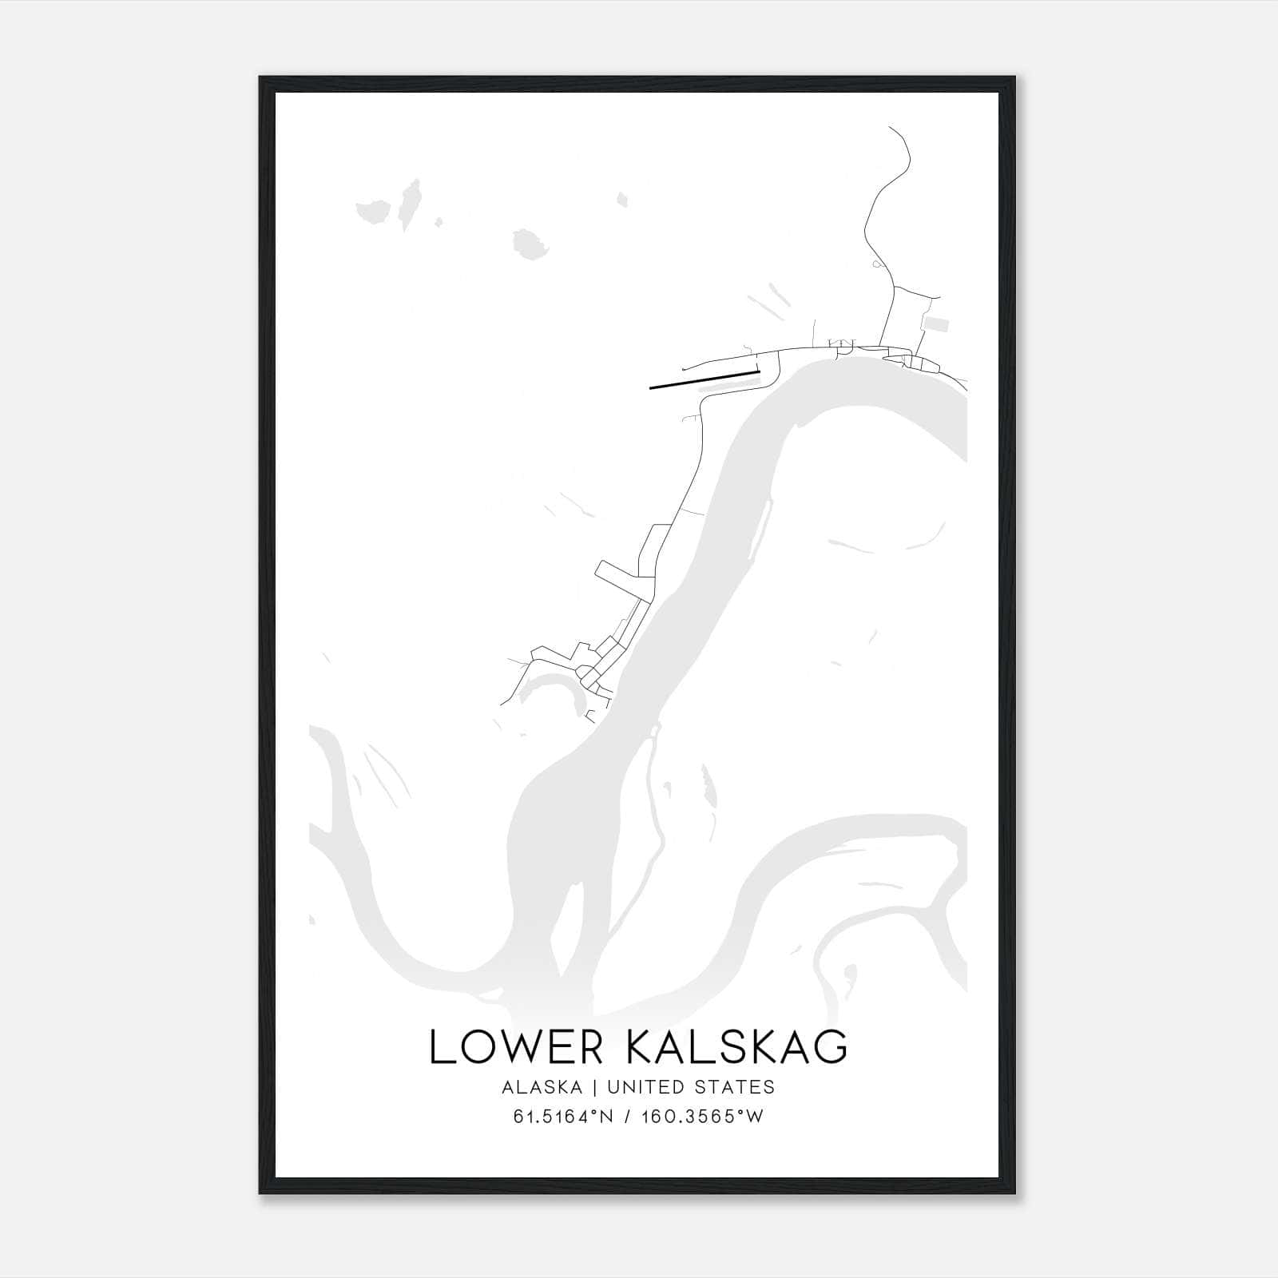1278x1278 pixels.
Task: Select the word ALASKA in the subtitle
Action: pos(542,1087)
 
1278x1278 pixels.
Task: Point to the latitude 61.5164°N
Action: pos(563,1117)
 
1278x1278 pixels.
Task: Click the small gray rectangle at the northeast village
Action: pos(936,323)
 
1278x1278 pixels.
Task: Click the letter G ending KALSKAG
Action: pos(831,1047)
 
